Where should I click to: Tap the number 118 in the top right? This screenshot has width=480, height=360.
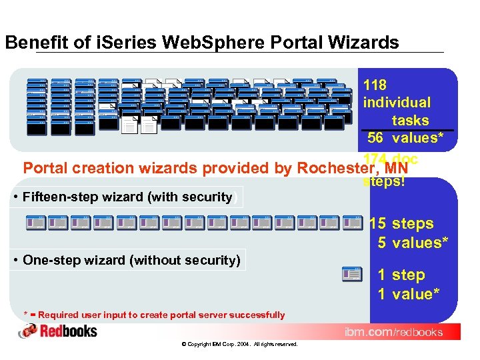[375, 85]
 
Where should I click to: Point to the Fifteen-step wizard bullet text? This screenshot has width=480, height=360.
[127, 197]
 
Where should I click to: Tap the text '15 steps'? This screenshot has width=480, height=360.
[401, 224]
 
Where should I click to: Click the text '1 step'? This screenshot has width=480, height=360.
[401, 275]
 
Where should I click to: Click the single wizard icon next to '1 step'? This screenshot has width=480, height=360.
[351, 274]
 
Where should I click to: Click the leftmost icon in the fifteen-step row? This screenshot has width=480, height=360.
[35, 223]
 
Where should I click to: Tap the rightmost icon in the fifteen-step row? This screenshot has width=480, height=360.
[353, 223]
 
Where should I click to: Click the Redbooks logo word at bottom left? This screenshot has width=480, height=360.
[69, 331]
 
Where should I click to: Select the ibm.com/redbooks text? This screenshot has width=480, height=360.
[393, 332]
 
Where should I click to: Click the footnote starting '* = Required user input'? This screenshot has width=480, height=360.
[154, 315]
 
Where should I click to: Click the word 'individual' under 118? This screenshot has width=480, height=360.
[397, 103]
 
